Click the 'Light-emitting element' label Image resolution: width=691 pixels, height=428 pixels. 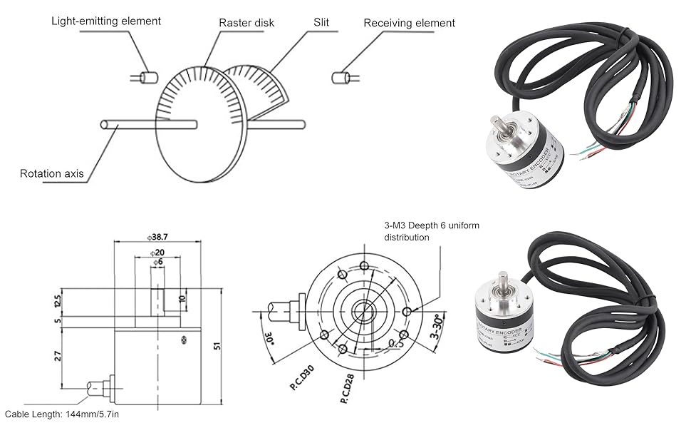105,21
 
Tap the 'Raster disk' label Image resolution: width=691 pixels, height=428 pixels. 246,23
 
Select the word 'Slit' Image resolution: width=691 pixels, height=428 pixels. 321,22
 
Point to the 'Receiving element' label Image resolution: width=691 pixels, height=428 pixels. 409,23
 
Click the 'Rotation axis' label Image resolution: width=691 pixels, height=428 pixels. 51,173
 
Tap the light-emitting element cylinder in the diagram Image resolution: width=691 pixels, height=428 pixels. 148,76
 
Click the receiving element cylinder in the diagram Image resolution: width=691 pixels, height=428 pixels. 341,76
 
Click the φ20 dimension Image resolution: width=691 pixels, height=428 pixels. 157,253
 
